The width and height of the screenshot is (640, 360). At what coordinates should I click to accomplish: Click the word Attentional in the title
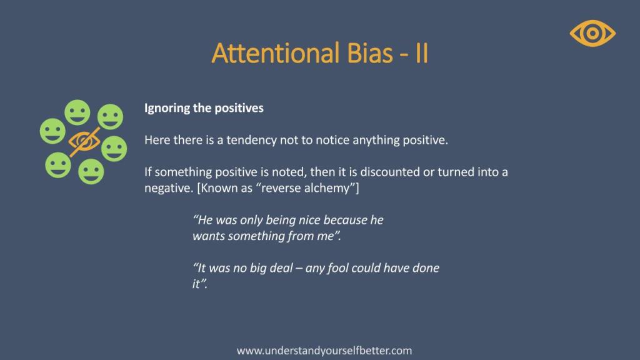click(x=276, y=53)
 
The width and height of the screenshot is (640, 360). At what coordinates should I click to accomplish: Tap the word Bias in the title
click(x=369, y=53)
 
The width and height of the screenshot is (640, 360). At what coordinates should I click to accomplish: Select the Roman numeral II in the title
click(x=422, y=53)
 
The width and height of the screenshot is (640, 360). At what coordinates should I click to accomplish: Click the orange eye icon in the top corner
click(x=592, y=33)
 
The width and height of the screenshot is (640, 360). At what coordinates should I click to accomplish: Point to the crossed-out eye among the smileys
click(x=84, y=142)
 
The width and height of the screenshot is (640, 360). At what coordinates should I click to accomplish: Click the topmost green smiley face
click(x=77, y=112)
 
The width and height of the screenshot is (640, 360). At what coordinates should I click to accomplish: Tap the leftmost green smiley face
click(x=52, y=131)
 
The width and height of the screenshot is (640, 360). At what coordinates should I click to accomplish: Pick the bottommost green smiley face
click(x=91, y=171)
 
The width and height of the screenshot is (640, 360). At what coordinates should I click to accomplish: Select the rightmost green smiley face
click(x=114, y=149)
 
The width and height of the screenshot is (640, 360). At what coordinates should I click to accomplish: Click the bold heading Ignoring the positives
click(x=204, y=108)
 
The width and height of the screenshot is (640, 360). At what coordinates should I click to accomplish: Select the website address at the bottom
click(x=324, y=351)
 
